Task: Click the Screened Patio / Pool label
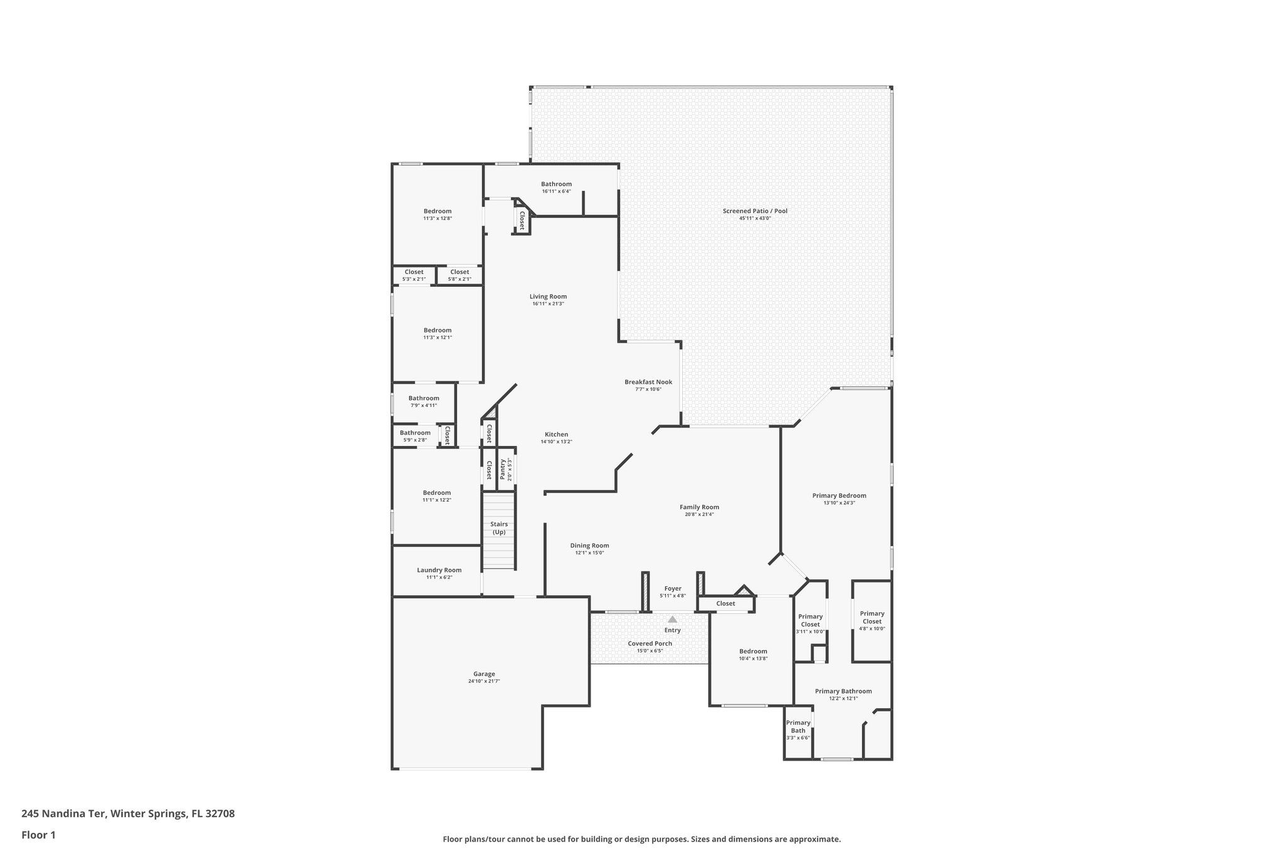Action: tap(755, 211)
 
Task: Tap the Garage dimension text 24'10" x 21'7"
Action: tap(484, 681)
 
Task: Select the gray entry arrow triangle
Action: tap(672, 619)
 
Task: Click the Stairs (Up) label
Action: tap(499, 528)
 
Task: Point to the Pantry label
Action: tap(503, 469)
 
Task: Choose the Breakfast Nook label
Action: tap(648, 382)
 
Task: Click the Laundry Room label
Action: tap(439, 570)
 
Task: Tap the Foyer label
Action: tap(673, 588)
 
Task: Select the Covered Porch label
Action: tap(650, 643)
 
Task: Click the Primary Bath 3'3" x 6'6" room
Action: tap(798, 730)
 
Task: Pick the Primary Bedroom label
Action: tap(839, 495)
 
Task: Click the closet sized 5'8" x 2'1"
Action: tap(460, 275)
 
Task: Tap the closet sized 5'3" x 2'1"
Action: tap(414, 275)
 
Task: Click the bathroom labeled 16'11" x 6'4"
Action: tap(556, 187)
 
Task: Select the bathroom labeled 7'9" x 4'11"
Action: tap(424, 401)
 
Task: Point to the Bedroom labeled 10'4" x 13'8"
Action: tap(753, 654)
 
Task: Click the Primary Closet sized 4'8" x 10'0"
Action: tap(871, 621)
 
